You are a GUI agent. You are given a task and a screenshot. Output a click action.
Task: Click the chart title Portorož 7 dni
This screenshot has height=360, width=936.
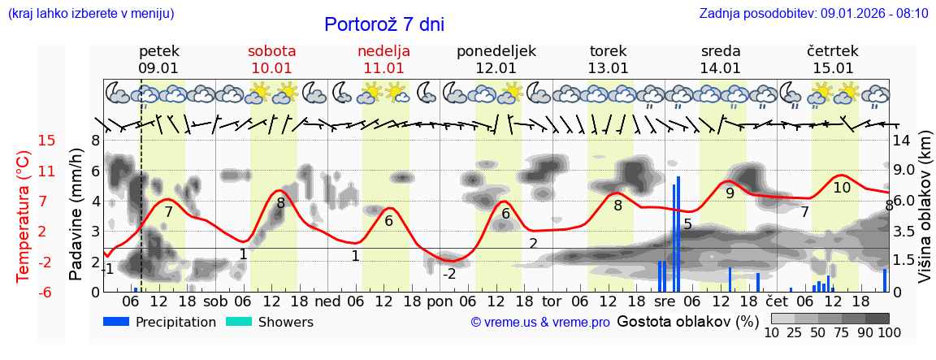click(x=384, y=24)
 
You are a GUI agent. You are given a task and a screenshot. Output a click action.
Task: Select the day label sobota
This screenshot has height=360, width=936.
click(x=271, y=51)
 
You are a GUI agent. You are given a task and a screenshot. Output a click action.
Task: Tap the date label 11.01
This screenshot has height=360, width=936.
click(x=383, y=68)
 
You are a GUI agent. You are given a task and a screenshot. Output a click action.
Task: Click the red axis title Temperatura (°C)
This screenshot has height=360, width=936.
click(x=23, y=216)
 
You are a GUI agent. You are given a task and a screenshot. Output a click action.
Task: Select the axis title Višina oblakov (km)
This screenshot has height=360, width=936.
click(x=925, y=220)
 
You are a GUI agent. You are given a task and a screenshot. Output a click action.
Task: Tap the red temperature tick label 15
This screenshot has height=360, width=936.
click(x=47, y=141)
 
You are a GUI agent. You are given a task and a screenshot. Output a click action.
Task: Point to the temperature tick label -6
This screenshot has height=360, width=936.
click(x=47, y=292)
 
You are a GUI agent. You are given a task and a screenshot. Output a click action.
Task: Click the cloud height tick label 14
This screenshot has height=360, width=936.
click(x=902, y=140)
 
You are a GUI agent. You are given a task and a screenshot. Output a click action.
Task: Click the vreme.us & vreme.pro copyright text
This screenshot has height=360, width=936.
click(x=540, y=323)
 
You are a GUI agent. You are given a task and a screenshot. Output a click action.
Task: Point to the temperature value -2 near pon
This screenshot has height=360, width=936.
click(x=449, y=274)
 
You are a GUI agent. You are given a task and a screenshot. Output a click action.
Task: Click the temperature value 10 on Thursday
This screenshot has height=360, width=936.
click(x=842, y=188)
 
